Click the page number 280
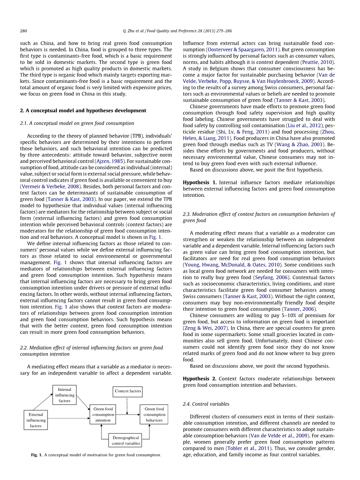coord(23,31)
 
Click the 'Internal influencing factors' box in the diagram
coord(65,395)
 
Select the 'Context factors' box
coord(128,391)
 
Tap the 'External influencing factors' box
coord(36,420)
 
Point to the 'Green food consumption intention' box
coord(103,414)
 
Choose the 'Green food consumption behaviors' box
coord(154,414)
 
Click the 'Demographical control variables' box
coord(125,440)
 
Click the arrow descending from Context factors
coord(128,405)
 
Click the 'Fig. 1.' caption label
coord(37,455)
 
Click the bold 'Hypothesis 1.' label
coord(199,182)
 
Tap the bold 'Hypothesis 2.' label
coord(199,378)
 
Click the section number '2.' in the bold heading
coord(22,110)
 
